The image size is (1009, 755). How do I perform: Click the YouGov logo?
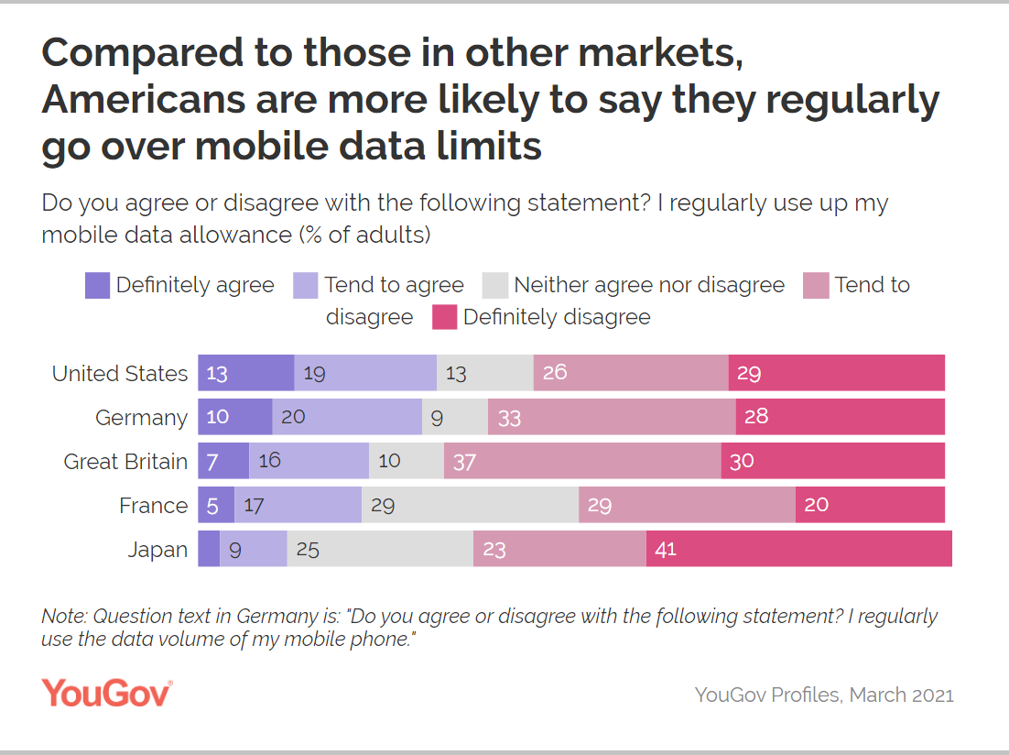point(107,693)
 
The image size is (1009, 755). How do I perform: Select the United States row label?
point(119,374)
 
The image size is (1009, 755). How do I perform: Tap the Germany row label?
point(141,418)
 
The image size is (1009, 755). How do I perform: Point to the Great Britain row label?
point(125,462)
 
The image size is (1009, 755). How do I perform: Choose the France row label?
point(153,506)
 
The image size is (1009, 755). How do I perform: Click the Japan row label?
point(157,550)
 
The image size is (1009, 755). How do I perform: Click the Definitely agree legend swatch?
point(97,286)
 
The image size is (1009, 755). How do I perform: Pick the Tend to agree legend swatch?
point(305,286)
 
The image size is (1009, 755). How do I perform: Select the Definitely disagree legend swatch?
point(444,318)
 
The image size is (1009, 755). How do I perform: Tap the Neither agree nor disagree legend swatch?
point(495,286)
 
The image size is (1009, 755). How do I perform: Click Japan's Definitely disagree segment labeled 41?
point(798,550)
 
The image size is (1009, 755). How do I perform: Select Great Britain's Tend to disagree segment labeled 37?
point(582,462)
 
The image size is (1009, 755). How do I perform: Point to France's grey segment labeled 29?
point(470,506)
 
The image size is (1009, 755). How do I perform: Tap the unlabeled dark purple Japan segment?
point(209,550)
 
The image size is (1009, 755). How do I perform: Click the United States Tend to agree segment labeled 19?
point(365,374)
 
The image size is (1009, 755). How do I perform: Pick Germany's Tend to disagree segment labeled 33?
point(612,418)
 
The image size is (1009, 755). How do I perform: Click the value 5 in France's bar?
point(212,505)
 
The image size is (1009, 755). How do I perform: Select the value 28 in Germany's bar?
point(755,417)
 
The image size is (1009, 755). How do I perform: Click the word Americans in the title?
point(146,100)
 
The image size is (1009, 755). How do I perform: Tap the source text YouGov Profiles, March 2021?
point(824,695)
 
